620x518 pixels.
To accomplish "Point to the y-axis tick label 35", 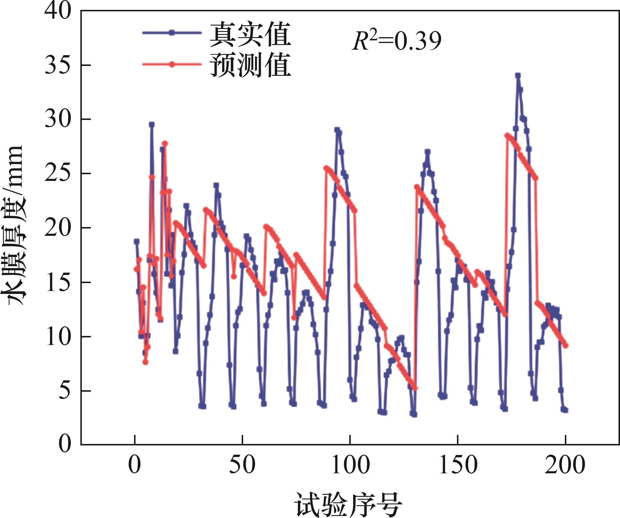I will [58, 66].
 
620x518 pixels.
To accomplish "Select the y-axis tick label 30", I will [58, 120].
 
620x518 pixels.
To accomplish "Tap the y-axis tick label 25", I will [58, 174].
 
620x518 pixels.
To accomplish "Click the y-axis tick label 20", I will [58, 228].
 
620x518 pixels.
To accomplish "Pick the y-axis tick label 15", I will [58, 283].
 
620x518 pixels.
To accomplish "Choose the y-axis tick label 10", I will [58, 337].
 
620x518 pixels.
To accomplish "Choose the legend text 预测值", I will [250, 65].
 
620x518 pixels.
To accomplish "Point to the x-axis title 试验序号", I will [348, 503].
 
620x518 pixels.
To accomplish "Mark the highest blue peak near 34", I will [518, 76].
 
